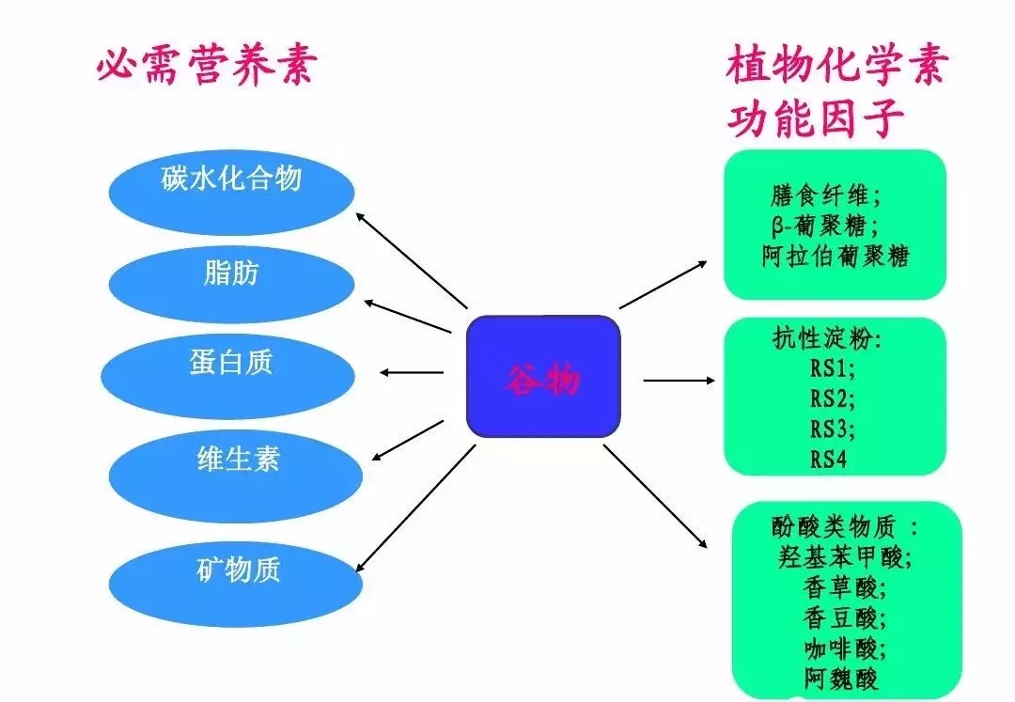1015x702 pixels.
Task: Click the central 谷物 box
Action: (544, 377)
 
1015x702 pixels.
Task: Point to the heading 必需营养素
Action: (204, 67)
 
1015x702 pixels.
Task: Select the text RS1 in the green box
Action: (833, 367)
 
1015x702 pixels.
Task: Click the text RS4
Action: (829, 460)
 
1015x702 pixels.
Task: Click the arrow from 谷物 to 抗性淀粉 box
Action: (678, 380)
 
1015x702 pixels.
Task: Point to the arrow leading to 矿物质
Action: (414, 508)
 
